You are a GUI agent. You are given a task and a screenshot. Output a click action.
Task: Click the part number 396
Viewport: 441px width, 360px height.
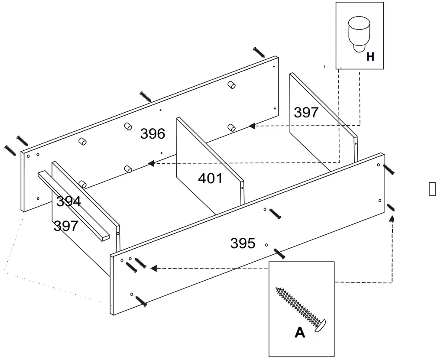(152, 133)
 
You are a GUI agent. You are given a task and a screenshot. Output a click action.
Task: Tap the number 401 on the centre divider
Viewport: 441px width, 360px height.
(210, 178)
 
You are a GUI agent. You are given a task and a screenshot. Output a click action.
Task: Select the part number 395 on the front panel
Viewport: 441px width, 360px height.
(243, 243)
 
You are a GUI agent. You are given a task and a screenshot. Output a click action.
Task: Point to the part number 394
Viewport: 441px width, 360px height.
(68, 201)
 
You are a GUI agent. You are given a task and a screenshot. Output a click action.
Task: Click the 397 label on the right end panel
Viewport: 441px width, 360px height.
(306, 113)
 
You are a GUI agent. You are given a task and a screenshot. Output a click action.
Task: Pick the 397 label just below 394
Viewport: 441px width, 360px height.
(66, 226)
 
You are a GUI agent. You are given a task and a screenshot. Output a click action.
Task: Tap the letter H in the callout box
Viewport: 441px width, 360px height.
(370, 57)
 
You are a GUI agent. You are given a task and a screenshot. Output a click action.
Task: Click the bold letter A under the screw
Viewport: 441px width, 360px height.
(300, 332)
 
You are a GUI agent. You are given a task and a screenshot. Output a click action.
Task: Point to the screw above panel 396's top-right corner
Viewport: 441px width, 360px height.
(259, 52)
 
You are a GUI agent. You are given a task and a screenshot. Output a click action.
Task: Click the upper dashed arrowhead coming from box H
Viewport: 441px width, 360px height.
(252, 126)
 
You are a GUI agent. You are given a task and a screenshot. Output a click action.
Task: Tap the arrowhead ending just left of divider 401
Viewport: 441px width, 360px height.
(151, 163)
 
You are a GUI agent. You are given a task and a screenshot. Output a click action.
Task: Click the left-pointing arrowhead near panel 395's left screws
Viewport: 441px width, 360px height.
(153, 269)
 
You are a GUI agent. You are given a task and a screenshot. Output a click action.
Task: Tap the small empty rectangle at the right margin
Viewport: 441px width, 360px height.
(432, 189)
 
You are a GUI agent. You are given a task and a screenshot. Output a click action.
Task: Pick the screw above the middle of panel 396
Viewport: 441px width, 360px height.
(146, 97)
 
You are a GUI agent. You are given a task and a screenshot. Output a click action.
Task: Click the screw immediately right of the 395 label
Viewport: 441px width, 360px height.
(279, 253)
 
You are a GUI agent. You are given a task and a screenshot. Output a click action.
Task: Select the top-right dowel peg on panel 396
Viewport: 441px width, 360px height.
(232, 84)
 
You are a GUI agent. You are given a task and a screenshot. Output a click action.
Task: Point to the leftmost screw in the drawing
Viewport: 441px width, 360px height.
(10, 149)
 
